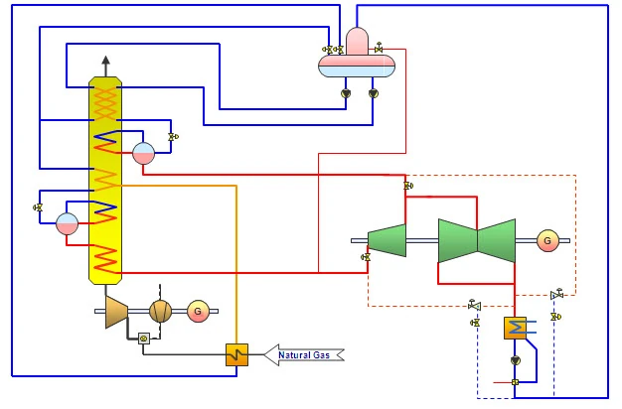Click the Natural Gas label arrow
pos(304,354)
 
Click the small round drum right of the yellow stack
pos(144,153)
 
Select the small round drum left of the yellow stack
pos(68,222)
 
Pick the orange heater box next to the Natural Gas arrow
pos(236,353)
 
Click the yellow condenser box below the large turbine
pos(515,328)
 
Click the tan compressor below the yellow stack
pos(117,311)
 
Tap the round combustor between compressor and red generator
pos(160,311)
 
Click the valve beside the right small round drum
pos(173,136)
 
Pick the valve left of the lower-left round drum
pos(38,207)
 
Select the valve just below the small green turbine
pos(366,257)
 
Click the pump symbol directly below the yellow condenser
pos(515,360)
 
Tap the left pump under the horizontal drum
pos(345,93)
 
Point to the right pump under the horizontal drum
pos(373,93)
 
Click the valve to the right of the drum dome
pos(379,49)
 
